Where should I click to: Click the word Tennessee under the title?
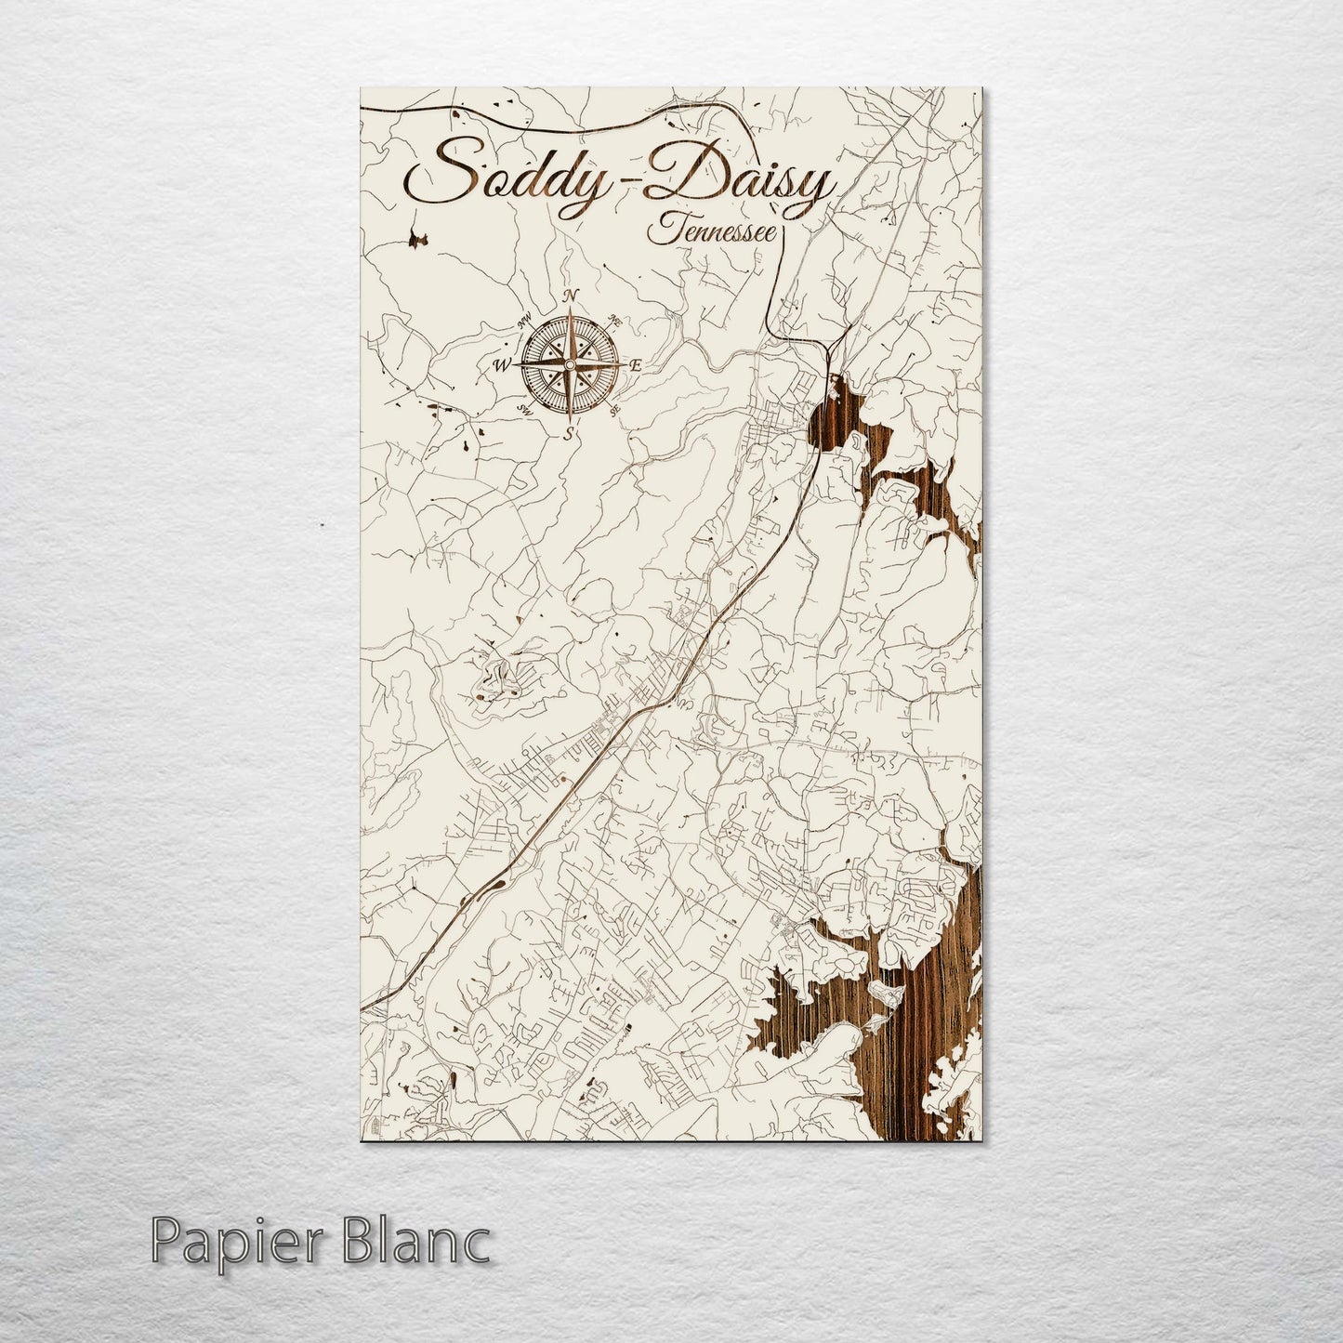714,229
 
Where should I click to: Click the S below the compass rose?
569,433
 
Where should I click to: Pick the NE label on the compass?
612,321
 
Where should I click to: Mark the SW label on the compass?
523,409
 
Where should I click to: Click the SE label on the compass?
613,408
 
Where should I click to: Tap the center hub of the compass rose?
569,364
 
